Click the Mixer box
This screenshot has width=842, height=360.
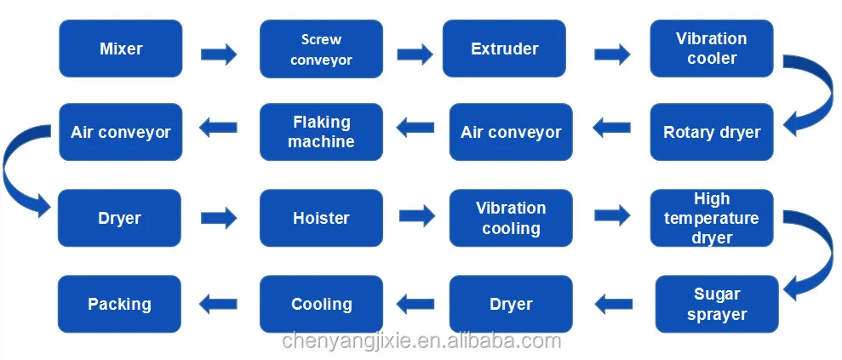point(120,49)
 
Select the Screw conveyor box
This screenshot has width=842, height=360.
point(321,49)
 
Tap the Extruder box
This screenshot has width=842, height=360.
point(504,49)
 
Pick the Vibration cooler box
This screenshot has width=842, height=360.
point(712,49)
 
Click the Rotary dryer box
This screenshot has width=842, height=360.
point(712,133)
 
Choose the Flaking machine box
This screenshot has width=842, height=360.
point(321,132)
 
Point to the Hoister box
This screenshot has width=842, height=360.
point(321,218)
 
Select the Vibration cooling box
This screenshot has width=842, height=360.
point(511,218)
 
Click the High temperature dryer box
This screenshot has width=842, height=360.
point(712,218)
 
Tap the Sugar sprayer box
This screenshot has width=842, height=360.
point(717,304)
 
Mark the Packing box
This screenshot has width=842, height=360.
point(120,304)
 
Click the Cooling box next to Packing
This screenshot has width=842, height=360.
point(321,304)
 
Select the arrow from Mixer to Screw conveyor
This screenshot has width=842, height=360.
point(219,55)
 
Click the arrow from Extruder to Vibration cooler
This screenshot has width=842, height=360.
point(612,55)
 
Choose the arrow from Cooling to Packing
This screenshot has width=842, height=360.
point(219,300)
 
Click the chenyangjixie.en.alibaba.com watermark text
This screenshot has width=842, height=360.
point(421,342)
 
